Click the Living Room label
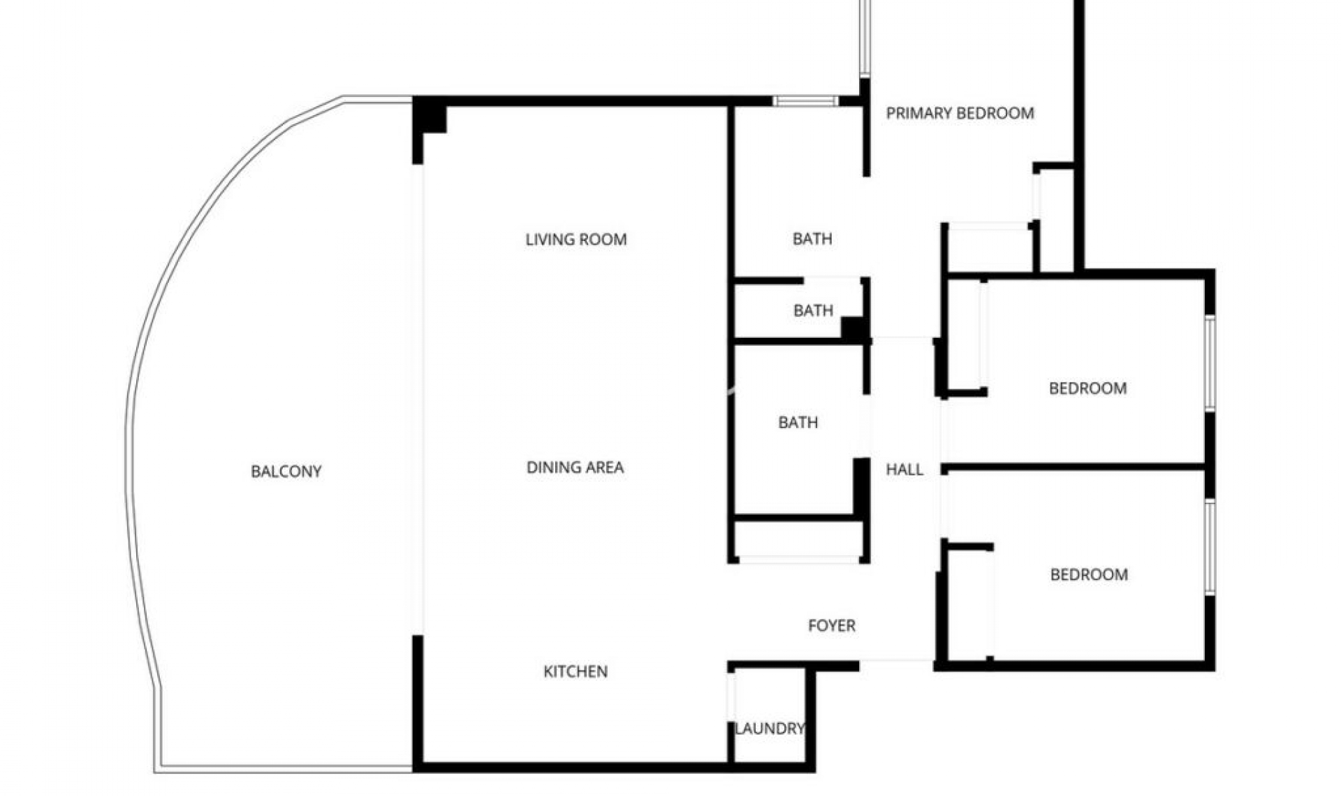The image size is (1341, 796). (576, 239)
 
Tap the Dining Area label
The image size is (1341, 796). (575, 467)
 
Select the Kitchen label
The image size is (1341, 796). (576, 671)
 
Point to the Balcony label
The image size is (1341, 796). (286, 471)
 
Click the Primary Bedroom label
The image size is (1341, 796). (960, 113)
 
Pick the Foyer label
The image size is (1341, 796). (831, 626)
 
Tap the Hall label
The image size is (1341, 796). (904, 470)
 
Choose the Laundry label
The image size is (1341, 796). (769, 728)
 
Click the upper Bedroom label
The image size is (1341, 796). (1087, 388)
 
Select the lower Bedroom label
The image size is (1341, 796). (1089, 575)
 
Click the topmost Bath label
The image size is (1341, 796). (812, 239)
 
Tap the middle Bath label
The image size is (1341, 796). (813, 310)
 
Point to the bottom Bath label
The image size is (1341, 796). (798, 422)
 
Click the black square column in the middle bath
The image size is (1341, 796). (853, 329)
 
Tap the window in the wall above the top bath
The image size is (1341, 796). (805, 101)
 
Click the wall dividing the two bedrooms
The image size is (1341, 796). (1076, 466)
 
